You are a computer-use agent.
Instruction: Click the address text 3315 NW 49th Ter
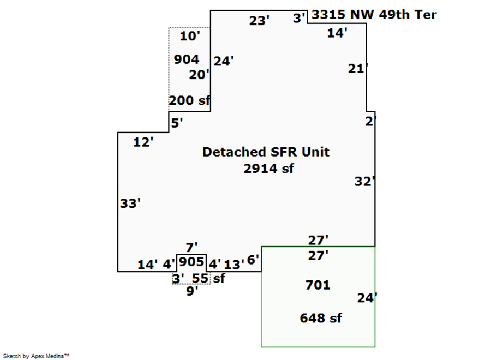tap(374, 15)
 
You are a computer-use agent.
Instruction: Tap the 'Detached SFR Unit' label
tap(266, 152)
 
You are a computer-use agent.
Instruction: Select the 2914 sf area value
tap(268, 169)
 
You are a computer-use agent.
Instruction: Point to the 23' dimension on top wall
tap(260, 21)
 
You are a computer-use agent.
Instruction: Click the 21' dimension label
tap(358, 69)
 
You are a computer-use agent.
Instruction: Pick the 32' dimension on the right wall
tap(365, 182)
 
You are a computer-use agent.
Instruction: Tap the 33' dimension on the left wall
tap(130, 203)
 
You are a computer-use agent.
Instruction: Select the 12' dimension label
tap(143, 142)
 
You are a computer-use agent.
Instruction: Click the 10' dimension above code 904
tap(190, 37)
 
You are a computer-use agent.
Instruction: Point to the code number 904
tap(187, 59)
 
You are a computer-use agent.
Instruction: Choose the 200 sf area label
tap(189, 100)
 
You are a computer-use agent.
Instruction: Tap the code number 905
tap(191, 262)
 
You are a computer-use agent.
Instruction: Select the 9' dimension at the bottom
tap(192, 291)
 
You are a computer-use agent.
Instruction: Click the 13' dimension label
tap(234, 265)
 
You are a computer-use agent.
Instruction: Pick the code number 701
tap(318, 285)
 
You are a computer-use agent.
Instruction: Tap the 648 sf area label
tap(321, 318)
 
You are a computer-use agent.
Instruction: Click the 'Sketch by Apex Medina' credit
tap(37, 356)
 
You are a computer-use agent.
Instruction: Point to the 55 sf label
tap(208, 278)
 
